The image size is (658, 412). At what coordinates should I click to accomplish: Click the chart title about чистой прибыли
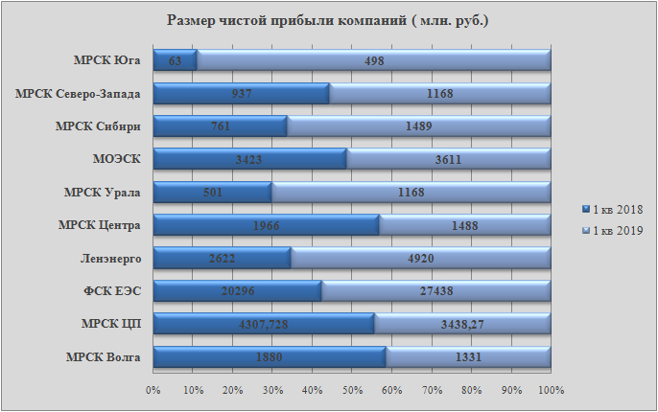pyautogui.click(x=328, y=20)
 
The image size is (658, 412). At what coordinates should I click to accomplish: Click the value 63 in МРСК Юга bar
pyautogui.click(x=175, y=61)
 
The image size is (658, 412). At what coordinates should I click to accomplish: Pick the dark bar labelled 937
pyautogui.click(x=241, y=94)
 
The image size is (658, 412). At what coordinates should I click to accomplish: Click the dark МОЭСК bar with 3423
pyautogui.click(x=249, y=160)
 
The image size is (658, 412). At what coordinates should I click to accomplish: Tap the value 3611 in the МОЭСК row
pyautogui.click(x=449, y=160)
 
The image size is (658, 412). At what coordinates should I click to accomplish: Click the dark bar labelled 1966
pyautogui.click(x=266, y=226)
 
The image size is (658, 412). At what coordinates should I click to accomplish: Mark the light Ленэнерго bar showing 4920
pyautogui.click(x=421, y=259)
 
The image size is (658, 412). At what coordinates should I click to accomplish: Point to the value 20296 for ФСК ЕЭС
pyautogui.click(x=238, y=292)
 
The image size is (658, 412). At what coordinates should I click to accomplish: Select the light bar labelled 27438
pyautogui.click(x=436, y=292)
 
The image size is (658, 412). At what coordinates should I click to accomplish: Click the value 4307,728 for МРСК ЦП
pyautogui.click(x=263, y=325)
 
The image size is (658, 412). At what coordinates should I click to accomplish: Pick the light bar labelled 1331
pyautogui.click(x=468, y=358)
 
